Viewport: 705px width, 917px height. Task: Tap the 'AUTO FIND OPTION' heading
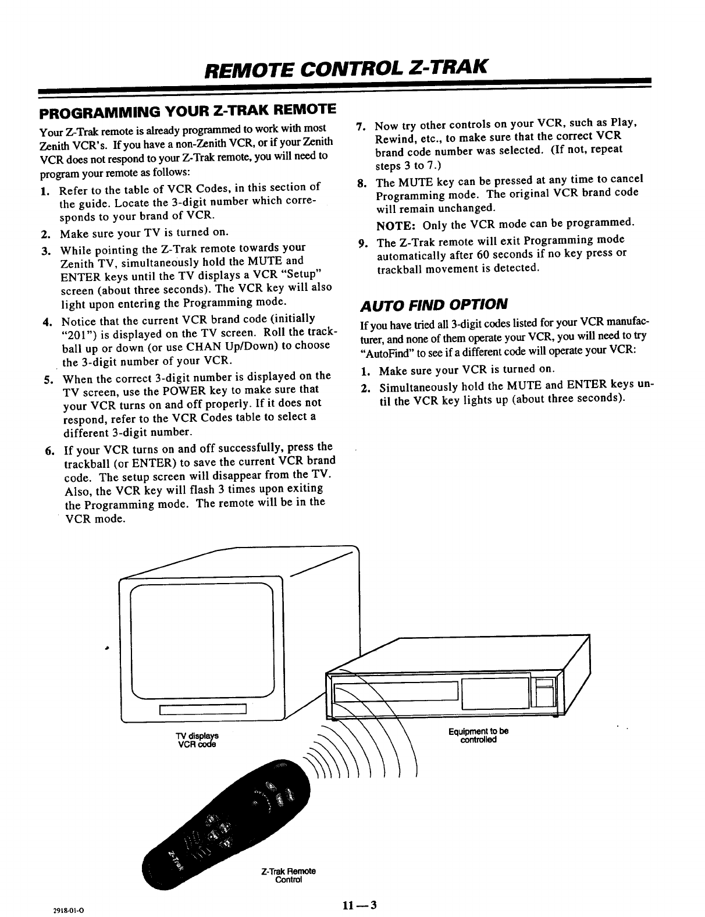pyautogui.click(x=434, y=304)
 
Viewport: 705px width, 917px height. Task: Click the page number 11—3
pyautogui.click(x=360, y=905)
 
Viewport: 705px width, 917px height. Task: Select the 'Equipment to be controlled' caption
pyautogui.click(x=479, y=735)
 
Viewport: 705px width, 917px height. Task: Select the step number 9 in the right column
pyautogui.click(x=364, y=243)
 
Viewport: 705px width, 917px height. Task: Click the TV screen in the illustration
pyautogui.click(x=202, y=639)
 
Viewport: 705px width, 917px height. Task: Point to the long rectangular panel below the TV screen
pyautogui.click(x=204, y=709)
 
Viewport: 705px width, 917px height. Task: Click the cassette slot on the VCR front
pyautogui.click(x=395, y=691)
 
